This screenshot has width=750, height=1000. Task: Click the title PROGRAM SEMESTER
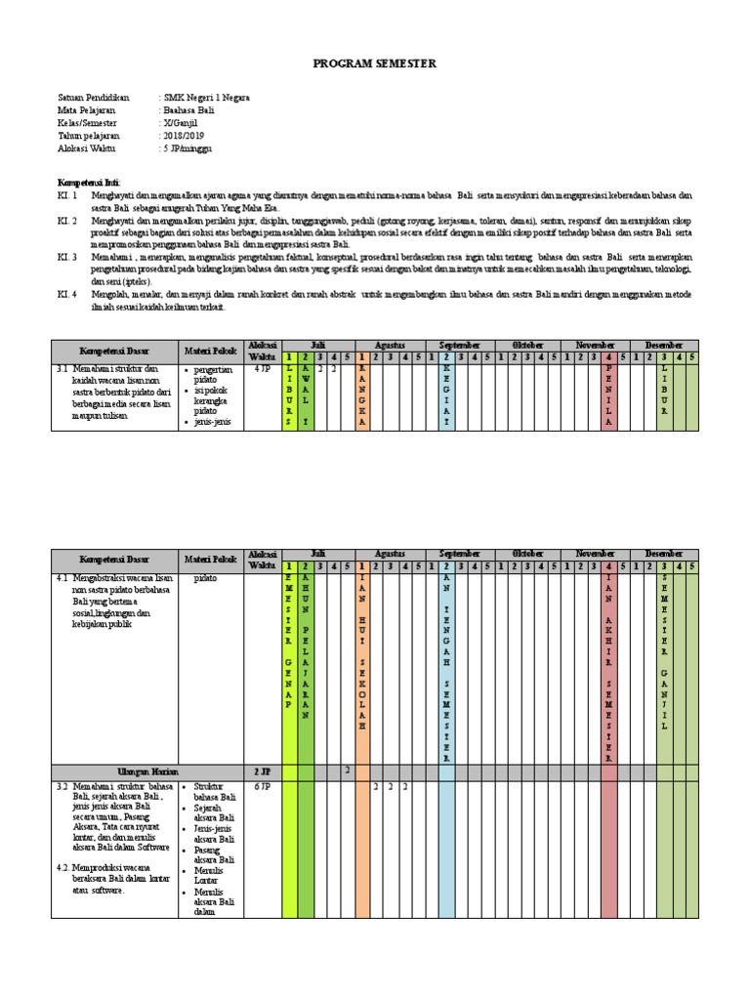[x=375, y=63]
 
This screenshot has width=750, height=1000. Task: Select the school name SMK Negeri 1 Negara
[x=206, y=98]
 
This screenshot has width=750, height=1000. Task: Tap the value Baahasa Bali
[x=190, y=110]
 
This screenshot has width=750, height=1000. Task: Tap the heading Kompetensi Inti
[x=89, y=183]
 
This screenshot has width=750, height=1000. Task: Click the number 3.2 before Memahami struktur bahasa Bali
[x=62, y=785]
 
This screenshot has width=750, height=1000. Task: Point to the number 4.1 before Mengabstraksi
[x=62, y=578]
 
